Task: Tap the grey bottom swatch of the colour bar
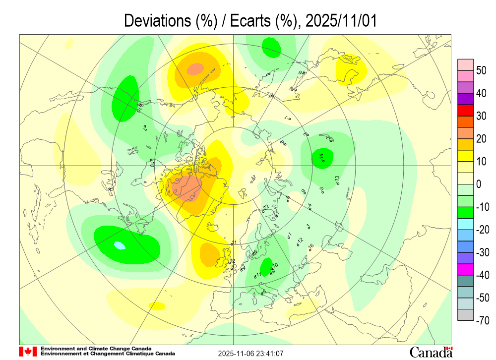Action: coord(465,314)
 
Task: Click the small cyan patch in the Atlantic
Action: coord(119,245)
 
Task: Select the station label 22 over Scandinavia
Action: coord(265,207)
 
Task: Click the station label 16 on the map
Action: coord(311,246)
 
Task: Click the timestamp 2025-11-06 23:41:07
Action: coord(251,354)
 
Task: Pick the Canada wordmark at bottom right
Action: coord(431,352)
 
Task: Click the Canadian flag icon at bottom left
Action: coord(28,352)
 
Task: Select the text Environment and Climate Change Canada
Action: coord(96,349)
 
